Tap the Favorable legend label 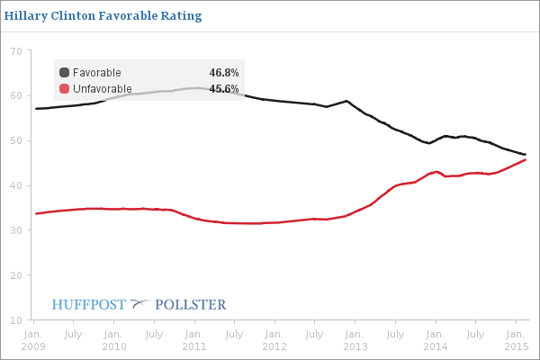[x=97, y=73]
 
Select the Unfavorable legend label [x=103, y=89]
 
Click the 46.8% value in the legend [x=223, y=73]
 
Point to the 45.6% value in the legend [x=223, y=89]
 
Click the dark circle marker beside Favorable [x=65, y=73]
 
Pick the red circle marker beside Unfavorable [x=65, y=89]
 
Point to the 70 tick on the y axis [x=16, y=51]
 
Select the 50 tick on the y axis [x=16, y=141]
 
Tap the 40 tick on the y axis [x=16, y=186]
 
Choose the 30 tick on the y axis [x=16, y=231]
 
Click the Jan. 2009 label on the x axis [x=33, y=340]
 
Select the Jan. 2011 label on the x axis [x=193, y=340]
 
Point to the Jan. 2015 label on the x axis [x=515, y=340]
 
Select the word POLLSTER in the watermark [x=191, y=304]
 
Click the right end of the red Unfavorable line [x=526, y=160]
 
